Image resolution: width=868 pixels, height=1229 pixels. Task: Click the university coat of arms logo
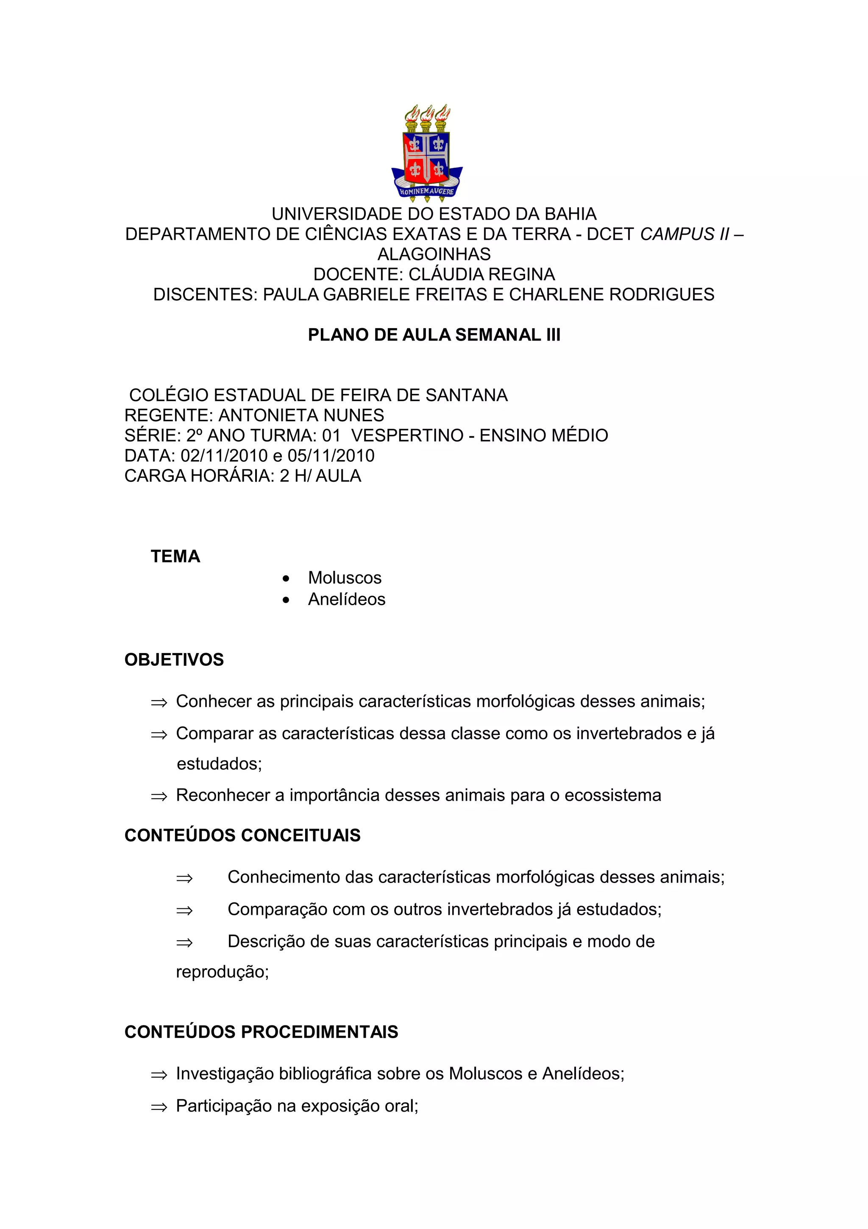tap(427, 153)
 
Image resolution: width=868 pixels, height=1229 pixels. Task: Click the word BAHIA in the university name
tap(570, 214)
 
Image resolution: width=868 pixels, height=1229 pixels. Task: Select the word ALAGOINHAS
tap(434, 254)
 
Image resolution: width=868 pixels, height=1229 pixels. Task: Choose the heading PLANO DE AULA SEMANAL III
tap(434, 335)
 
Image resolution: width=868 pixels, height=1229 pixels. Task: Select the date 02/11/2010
tap(223, 456)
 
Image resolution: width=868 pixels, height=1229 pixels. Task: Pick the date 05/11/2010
tap(331, 456)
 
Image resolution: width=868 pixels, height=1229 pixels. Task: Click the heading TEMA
tap(175, 557)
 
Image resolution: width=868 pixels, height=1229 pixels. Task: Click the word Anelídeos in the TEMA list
tap(347, 600)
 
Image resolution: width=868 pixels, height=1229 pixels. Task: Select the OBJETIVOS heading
tap(174, 660)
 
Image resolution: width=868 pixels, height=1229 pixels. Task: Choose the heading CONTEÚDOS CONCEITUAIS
tap(242, 835)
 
